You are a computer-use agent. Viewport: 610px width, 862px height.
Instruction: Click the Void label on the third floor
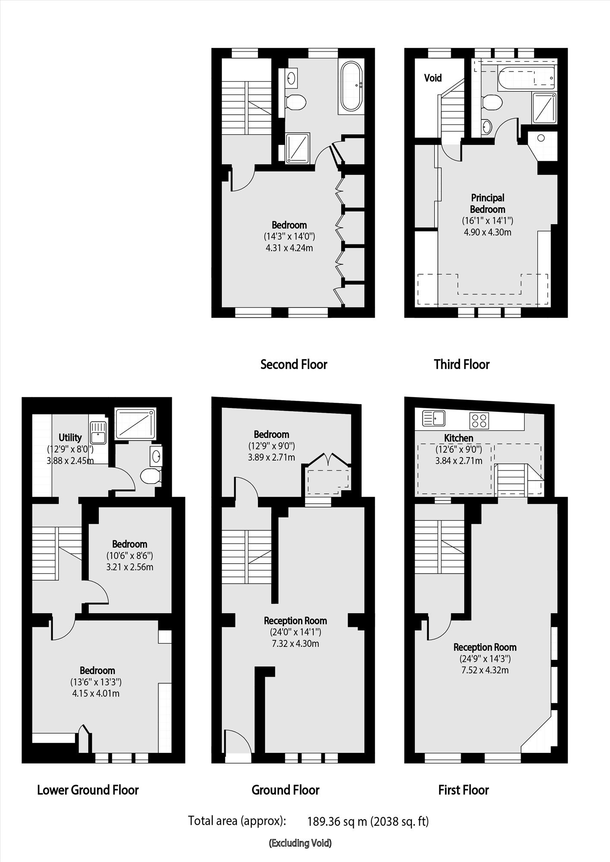click(x=433, y=78)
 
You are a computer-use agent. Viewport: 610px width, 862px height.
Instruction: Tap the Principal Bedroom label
click(x=487, y=204)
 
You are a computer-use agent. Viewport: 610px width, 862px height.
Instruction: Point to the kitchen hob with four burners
click(x=479, y=420)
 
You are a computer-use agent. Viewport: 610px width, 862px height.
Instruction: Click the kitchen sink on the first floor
click(x=434, y=418)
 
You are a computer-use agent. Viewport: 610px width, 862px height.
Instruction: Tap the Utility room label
click(x=70, y=437)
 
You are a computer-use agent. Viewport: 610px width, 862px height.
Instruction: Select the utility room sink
click(x=98, y=433)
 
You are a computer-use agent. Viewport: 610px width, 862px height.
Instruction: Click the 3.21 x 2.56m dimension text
click(x=130, y=567)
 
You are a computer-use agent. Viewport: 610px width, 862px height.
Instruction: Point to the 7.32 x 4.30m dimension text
click(x=295, y=644)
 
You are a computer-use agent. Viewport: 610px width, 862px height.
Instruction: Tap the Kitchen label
click(x=459, y=438)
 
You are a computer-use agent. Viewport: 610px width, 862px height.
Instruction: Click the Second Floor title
click(x=294, y=364)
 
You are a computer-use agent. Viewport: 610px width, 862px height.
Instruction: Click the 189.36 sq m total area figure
click(x=337, y=821)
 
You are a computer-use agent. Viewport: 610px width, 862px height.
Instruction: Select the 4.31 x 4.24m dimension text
click(x=289, y=248)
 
